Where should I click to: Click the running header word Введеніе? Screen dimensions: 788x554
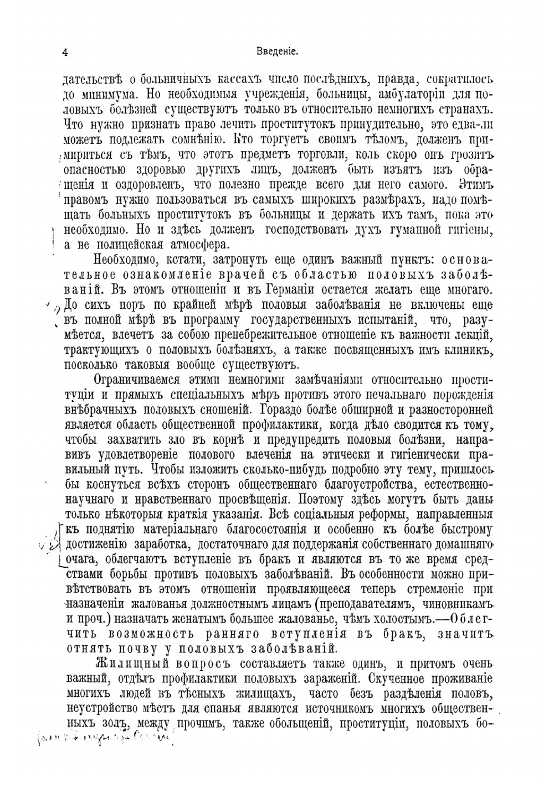pyautogui.click(x=278, y=52)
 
